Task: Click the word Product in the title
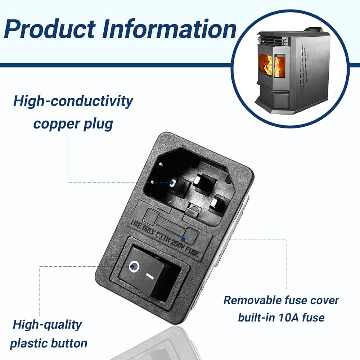(x=50, y=29)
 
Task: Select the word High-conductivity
(x=73, y=101)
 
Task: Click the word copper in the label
(x=56, y=124)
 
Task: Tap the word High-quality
(x=47, y=325)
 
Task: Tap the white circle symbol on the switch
(x=134, y=266)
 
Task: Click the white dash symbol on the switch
(x=150, y=276)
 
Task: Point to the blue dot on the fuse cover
(x=183, y=239)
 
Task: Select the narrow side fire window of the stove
(x=280, y=67)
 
